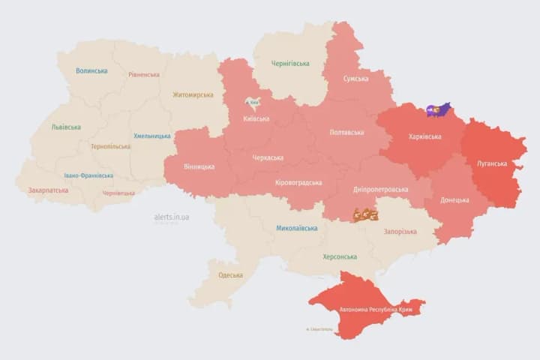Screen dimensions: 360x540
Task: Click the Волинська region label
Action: [91, 71]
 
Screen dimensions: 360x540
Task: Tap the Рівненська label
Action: [143, 75]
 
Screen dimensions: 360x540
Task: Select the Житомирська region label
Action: [193, 95]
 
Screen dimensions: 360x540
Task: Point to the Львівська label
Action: [66, 127]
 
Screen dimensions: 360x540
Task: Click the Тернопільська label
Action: [110, 147]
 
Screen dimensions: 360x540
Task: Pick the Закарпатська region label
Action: [48, 190]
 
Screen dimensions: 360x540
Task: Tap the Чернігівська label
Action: [289, 64]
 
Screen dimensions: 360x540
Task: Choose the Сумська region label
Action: [355, 79]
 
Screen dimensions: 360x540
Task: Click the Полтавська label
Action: [346, 133]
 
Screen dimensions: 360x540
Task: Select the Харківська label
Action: [425, 137]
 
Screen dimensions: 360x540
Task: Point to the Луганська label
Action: [492, 163]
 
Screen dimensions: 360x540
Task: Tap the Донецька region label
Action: [454, 200]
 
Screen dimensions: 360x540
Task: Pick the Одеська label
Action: [230, 275]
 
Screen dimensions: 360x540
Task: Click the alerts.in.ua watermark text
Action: [172, 217]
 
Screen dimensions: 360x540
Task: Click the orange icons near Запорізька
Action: [365, 214]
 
